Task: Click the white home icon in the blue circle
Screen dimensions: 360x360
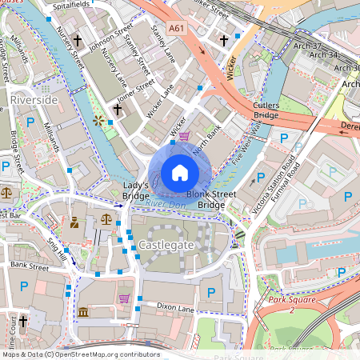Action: (180, 173)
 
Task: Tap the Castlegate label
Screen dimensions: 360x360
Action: (166, 242)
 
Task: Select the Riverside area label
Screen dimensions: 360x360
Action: (34, 99)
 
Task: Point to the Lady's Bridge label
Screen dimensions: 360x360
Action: (135, 190)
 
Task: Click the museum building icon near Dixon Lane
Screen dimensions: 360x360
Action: (83, 311)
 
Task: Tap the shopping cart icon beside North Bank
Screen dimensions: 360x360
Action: (185, 137)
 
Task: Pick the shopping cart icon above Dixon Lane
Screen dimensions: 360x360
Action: (124, 298)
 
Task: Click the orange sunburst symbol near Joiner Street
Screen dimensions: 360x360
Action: (99, 121)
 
